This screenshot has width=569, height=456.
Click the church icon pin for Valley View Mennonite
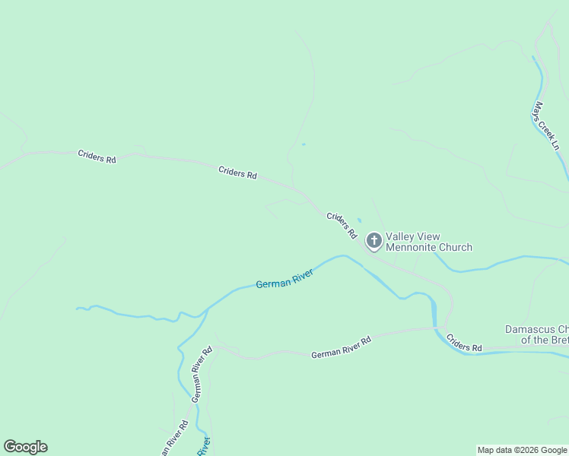(x=374, y=241)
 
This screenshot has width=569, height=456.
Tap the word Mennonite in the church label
(x=429, y=247)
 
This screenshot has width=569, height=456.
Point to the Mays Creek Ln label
(x=546, y=125)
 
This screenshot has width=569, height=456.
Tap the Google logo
(x=25, y=447)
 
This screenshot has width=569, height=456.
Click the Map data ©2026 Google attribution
(x=523, y=450)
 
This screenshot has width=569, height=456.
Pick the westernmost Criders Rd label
(x=97, y=157)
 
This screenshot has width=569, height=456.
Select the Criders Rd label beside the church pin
(x=342, y=226)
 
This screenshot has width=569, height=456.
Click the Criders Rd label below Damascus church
(x=464, y=343)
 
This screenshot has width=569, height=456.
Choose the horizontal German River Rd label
(x=341, y=347)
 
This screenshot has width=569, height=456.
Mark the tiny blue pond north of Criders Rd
(x=304, y=144)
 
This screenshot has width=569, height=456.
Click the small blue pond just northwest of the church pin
(x=359, y=221)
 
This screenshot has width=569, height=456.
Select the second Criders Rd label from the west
(x=237, y=173)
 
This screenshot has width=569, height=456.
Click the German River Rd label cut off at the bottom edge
(x=173, y=439)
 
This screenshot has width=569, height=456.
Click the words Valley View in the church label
(x=413, y=237)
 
